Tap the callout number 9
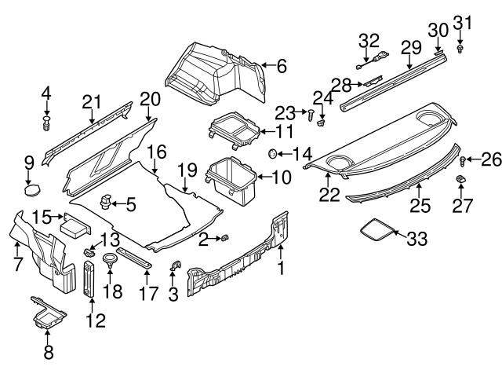pyautogui.click(x=29, y=163)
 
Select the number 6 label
pyautogui.click(x=282, y=66)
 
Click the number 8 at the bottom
pyautogui.click(x=49, y=352)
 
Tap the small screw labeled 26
pyautogui.click(x=463, y=161)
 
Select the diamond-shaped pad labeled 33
pyautogui.click(x=377, y=229)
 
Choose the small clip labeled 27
pyautogui.click(x=460, y=183)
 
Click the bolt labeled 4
pyautogui.click(x=46, y=123)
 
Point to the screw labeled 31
pyautogui.click(x=460, y=48)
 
